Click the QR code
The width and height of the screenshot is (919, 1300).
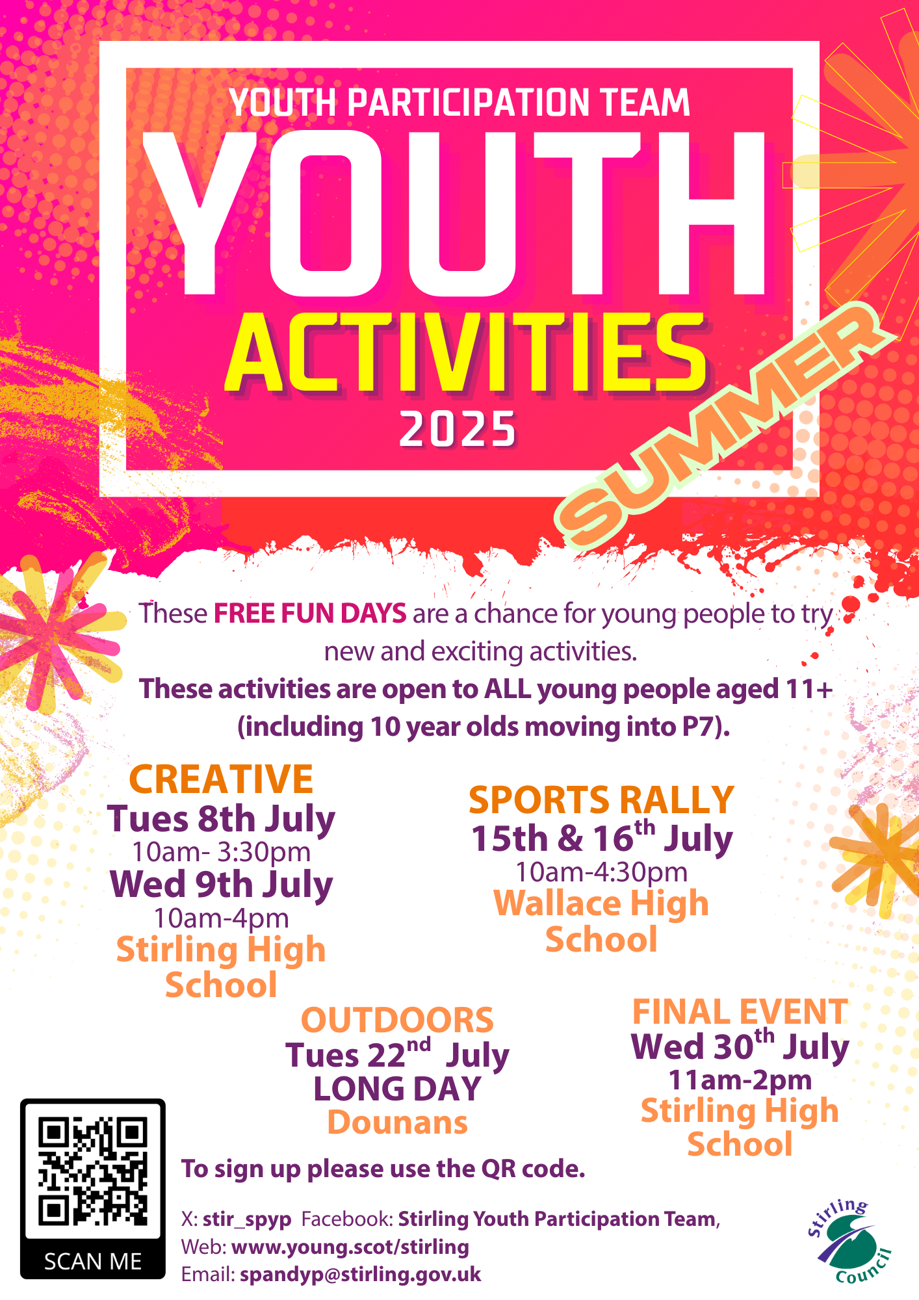pos(92,1171)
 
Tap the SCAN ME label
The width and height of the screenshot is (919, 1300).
pos(93,1262)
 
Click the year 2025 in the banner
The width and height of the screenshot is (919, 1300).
pos(458,430)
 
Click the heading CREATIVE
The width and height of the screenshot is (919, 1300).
pos(221,779)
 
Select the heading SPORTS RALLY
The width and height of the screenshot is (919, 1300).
pos(601,799)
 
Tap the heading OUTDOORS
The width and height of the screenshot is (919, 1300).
pos(397,1020)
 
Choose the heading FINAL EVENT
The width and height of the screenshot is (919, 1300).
pos(740,1012)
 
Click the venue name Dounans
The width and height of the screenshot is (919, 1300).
pos(398,1123)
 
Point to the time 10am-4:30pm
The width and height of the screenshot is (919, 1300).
pos(602,872)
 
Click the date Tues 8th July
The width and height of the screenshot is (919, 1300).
pos(222,819)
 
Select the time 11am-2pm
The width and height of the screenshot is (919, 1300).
pos(740,1080)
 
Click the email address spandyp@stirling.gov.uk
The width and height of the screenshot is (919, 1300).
pos(361,1274)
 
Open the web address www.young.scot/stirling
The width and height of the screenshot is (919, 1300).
pos(350,1247)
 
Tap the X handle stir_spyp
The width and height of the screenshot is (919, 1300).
pos(247,1219)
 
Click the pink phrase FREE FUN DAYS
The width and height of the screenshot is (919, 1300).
pos(310,613)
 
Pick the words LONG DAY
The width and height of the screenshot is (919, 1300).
pos(397,1089)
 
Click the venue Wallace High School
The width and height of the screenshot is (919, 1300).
pos(601,921)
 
